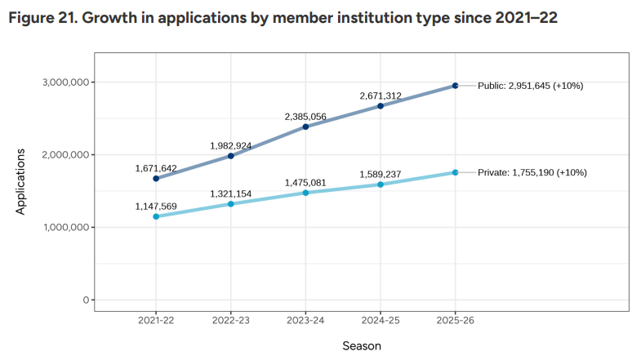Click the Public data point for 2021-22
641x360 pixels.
(x=156, y=179)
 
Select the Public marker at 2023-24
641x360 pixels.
(x=305, y=127)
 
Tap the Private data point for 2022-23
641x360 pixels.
(x=231, y=203)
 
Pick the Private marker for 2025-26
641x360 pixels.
(x=455, y=172)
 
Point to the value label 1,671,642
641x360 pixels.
(x=156, y=168)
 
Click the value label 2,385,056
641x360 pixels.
(x=305, y=117)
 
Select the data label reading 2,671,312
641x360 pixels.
(x=381, y=96)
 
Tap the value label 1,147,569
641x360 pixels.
(x=156, y=207)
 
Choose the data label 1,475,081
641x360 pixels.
(x=305, y=183)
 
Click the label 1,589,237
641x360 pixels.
(x=381, y=175)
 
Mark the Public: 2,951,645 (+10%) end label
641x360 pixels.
(x=531, y=86)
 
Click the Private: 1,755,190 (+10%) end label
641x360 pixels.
(x=532, y=172)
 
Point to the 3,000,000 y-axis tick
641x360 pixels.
(x=65, y=82)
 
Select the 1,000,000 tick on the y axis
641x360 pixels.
(x=65, y=228)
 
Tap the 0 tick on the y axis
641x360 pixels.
(x=86, y=300)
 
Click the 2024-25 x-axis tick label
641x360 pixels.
(x=381, y=320)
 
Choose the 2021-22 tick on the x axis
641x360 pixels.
(x=156, y=320)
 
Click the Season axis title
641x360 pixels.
(x=362, y=345)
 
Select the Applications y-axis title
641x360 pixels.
(x=21, y=182)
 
